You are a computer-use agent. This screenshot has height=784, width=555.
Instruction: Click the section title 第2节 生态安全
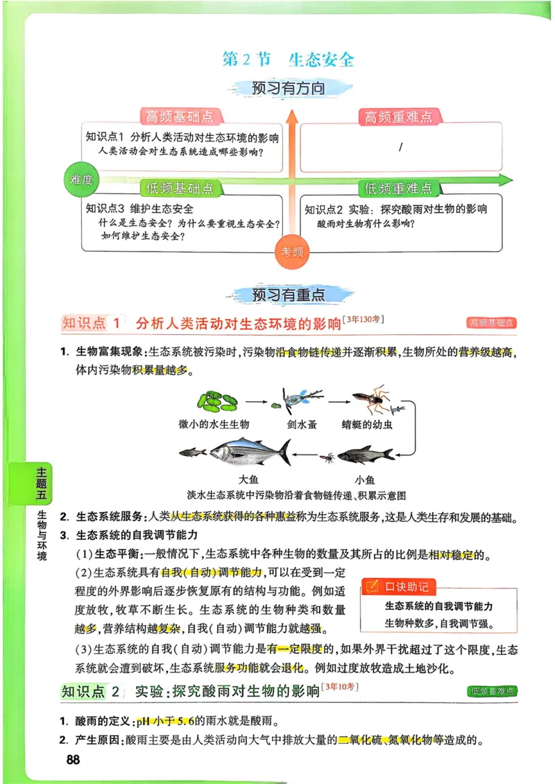pos(288,60)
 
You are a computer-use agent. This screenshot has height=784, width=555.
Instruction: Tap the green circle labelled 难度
pos(81,180)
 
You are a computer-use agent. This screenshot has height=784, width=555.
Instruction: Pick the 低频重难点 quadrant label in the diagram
pos(398,188)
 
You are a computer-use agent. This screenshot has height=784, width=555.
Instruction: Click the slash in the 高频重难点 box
pos(401,148)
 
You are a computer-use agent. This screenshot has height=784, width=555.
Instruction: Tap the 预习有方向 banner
pos(288,88)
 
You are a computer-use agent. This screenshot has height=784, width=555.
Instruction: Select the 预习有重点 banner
pos(288,294)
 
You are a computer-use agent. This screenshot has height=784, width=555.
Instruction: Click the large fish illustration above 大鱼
pos(250,453)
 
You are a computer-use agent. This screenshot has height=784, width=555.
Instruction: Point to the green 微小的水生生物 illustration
pos(217,400)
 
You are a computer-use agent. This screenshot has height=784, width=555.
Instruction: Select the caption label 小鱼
pos(365,479)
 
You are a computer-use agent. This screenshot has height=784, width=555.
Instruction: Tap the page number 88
pos(73,760)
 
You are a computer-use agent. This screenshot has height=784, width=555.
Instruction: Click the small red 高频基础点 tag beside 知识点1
pos(492,323)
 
